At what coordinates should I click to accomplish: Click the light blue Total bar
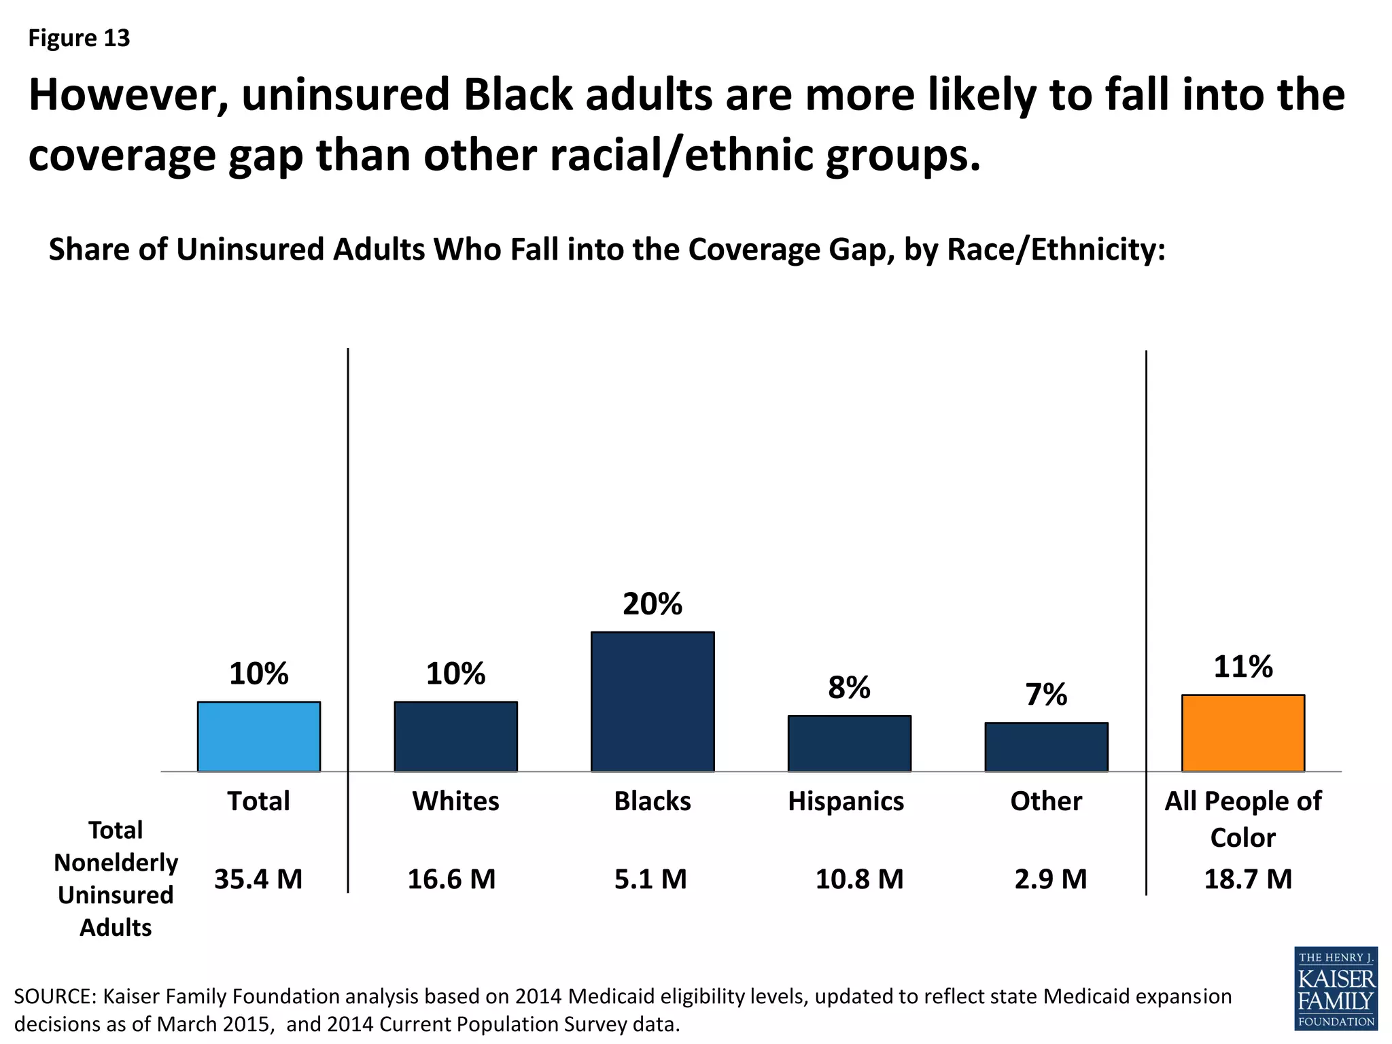[258, 736]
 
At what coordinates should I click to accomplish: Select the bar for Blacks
[652, 701]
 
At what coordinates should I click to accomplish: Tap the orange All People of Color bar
[1242, 733]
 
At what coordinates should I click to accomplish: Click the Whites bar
[455, 736]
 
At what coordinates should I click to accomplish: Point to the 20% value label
[652, 604]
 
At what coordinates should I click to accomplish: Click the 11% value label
[1242, 667]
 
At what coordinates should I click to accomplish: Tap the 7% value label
[1046, 695]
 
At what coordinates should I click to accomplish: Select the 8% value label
[849, 688]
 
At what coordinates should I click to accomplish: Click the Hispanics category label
[846, 801]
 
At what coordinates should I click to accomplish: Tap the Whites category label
[455, 801]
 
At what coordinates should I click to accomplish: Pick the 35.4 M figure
[258, 880]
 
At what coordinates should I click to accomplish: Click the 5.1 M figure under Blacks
[650, 880]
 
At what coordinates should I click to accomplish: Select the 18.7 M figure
[1248, 880]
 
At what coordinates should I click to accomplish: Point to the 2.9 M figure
[1050, 880]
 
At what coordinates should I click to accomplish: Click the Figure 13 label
[79, 38]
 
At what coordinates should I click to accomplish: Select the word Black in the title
[519, 94]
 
